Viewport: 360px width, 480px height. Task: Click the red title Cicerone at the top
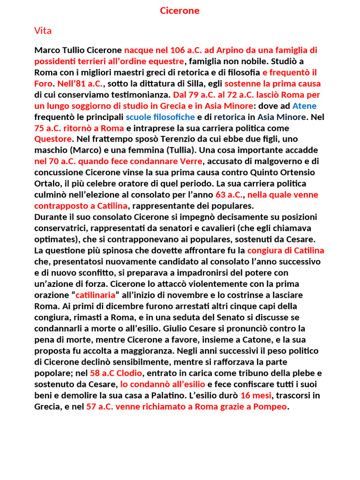click(180, 11)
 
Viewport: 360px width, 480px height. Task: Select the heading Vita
click(43, 31)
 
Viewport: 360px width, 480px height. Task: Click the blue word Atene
click(305, 106)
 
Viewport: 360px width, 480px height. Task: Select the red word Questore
click(53, 139)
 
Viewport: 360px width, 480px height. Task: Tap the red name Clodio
click(127, 373)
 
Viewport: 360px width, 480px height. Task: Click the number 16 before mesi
click(246, 396)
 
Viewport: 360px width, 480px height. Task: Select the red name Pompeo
click(270, 407)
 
